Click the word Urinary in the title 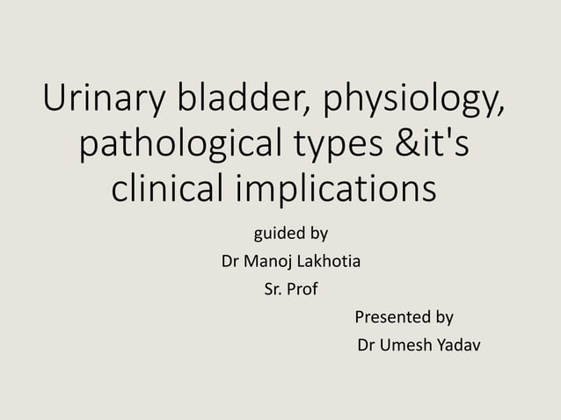pos(101,102)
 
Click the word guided pos(276,235)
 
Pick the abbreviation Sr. pos(273,289)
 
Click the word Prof pos(302,289)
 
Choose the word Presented pos(392,316)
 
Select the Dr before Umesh pos(368,344)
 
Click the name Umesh pos(406,344)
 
